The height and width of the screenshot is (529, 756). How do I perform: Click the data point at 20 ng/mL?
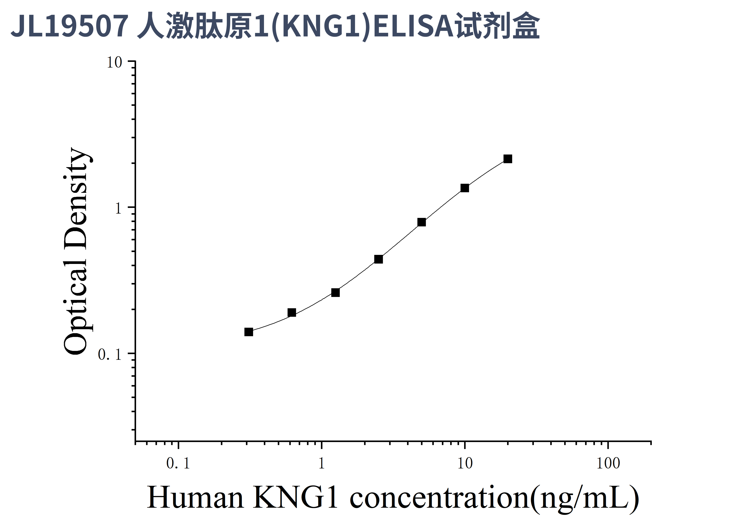[508, 159]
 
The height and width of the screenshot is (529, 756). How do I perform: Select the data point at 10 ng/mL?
[465, 188]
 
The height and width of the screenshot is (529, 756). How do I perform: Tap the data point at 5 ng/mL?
[421, 222]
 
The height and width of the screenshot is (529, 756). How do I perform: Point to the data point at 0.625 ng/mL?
[292, 312]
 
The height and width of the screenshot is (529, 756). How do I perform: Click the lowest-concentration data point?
[249, 332]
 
